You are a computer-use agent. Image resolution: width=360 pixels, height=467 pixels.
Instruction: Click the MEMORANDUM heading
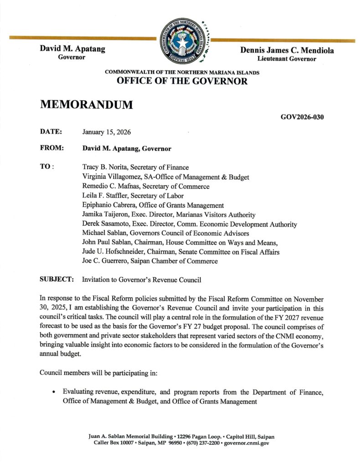point(87,104)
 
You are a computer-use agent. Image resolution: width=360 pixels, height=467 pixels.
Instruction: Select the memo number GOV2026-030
point(302,117)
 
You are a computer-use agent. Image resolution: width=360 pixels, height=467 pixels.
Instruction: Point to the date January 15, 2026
point(107,132)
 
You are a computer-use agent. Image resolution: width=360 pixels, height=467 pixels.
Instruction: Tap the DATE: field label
point(51,132)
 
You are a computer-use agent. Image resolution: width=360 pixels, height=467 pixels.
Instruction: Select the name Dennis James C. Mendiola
point(287,51)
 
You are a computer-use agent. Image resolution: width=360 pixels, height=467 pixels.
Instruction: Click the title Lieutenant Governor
point(287,59)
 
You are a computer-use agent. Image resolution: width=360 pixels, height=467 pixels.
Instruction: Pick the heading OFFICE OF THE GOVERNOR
point(182,82)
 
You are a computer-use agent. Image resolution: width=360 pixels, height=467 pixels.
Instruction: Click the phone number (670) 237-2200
point(198,443)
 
